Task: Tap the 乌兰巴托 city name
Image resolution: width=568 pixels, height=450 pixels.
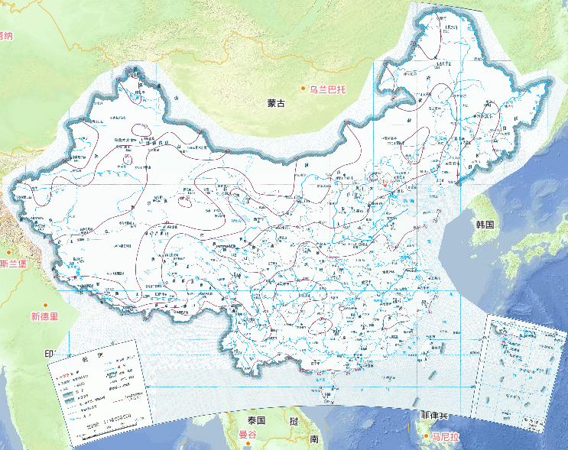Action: pos(327,89)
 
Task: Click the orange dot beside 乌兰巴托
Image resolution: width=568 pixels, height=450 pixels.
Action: pos(303,89)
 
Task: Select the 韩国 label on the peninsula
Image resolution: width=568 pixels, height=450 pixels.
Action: pos(485,225)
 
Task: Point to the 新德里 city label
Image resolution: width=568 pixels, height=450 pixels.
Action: pos(44,316)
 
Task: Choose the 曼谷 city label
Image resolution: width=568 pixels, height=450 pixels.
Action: pos(248,435)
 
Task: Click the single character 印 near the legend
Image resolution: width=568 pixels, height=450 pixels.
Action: pos(48,354)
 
